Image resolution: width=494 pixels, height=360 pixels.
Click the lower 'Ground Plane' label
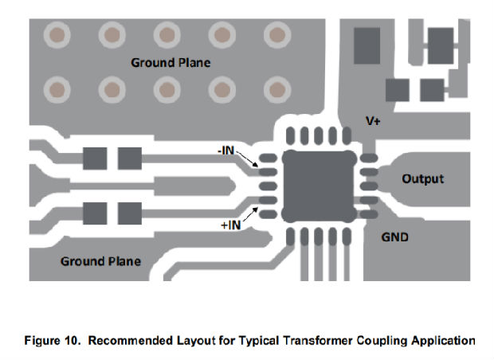click(x=100, y=260)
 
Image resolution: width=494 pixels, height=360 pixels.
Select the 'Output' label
click(x=422, y=178)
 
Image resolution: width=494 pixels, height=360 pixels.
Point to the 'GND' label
click(x=396, y=237)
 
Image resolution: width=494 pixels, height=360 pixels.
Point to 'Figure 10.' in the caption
click(x=49, y=341)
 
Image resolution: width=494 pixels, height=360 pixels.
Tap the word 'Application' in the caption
click(x=441, y=341)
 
